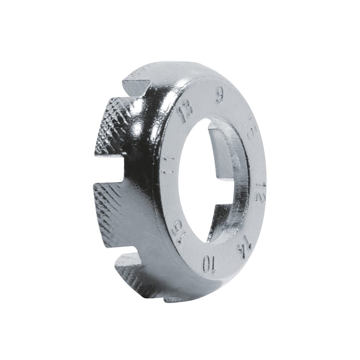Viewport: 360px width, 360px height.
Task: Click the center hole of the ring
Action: (x=212, y=180)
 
